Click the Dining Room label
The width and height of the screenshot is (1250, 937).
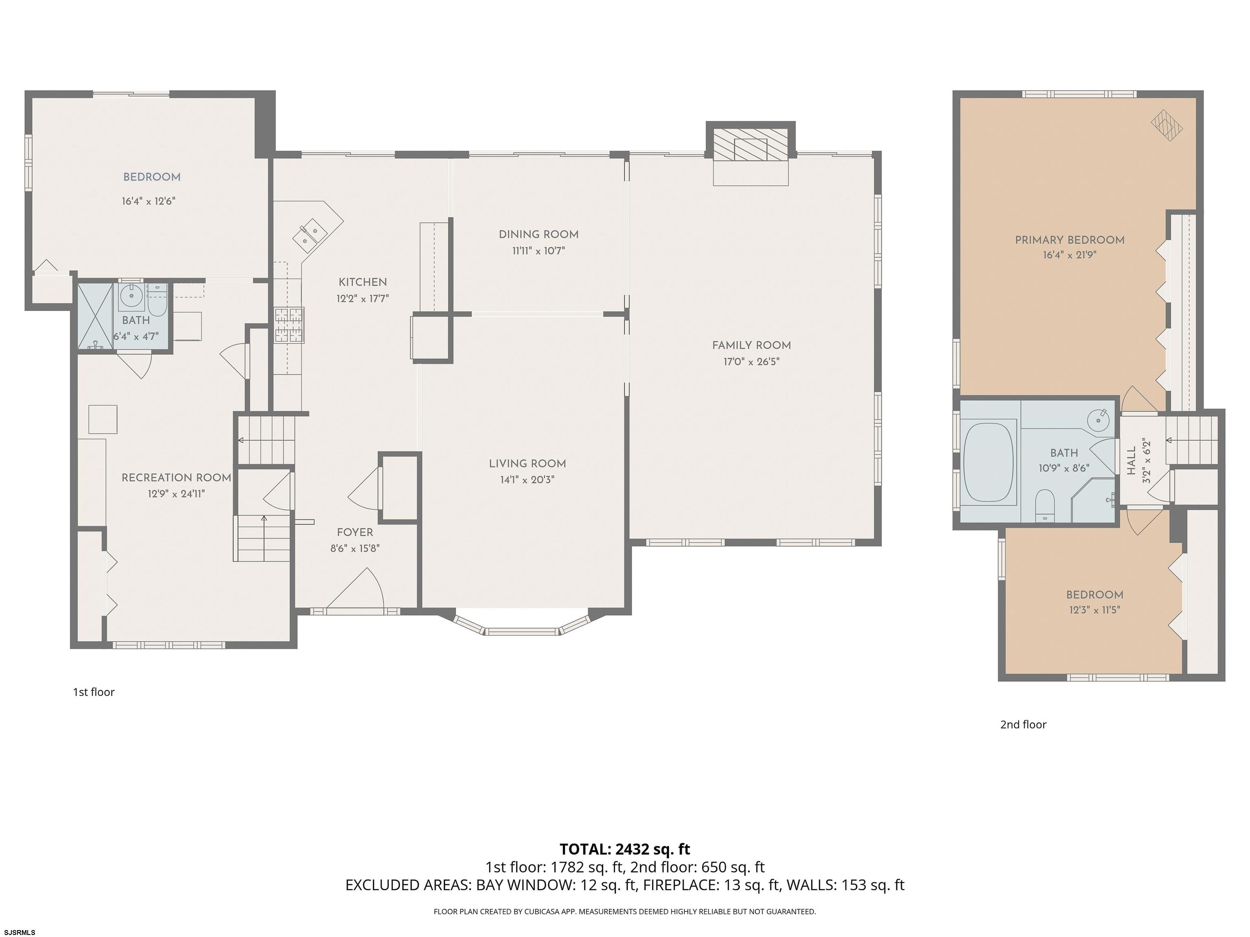pyautogui.click(x=539, y=234)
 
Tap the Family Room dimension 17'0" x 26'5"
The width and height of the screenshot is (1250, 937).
pyautogui.click(x=752, y=362)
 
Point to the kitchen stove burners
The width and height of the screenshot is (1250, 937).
pyautogui.click(x=289, y=325)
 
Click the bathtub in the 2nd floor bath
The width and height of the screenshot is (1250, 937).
pyautogui.click(x=988, y=463)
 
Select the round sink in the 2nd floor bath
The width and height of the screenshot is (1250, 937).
pyautogui.click(x=1097, y=420)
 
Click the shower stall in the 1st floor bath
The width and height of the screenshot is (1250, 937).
pyautogui.click(x=95, y=317)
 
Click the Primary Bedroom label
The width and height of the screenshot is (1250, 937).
pyautogui.click(x=1070, y=240)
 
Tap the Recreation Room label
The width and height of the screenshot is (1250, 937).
pyautogui.click(x=176, y=478)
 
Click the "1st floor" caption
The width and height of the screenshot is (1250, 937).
pyautogui.click(x=94, y=692)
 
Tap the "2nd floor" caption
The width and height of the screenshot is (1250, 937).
pyautogui.click(x=1023, y=725)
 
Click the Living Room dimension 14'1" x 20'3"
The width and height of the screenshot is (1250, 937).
pyautogui.click(x=527, y=480)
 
